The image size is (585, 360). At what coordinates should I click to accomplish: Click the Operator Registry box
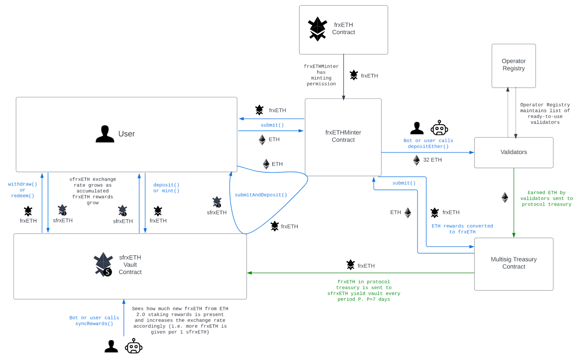coord(513,66)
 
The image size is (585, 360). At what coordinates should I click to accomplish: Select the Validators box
coord(513,152)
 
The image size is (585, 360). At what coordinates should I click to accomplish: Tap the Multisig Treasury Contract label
coord(513,263)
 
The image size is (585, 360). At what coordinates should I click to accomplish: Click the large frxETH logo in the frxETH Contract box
coord(317,29)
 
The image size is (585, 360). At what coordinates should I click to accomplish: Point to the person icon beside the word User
coord(105,134)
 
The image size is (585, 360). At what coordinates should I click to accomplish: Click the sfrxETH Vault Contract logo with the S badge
coord(103,264)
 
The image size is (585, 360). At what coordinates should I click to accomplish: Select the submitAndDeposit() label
coord(261,195)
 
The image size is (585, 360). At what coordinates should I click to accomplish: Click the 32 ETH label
coord(432,160)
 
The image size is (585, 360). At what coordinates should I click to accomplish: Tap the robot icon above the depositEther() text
coord(439,128)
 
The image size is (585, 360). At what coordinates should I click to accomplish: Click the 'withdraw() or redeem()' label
coord(22,190)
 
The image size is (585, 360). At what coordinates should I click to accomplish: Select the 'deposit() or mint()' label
coord(166,188)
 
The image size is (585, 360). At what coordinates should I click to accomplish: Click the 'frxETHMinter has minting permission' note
coord(321,75)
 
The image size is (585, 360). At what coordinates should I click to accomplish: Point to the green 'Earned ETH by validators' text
coord(546,198)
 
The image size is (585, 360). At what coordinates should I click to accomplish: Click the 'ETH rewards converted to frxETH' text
coord(462,229)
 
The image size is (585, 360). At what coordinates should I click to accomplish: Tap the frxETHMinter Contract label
coord(343,136)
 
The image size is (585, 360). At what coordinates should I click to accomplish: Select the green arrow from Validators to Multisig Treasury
coord(514,203)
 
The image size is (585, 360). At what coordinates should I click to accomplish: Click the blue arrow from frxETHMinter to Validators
coord(428,152)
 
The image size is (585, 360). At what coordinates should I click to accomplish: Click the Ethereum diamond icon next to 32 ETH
coord(416,160)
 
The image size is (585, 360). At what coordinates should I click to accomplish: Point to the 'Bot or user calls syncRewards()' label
coord(94,321)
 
